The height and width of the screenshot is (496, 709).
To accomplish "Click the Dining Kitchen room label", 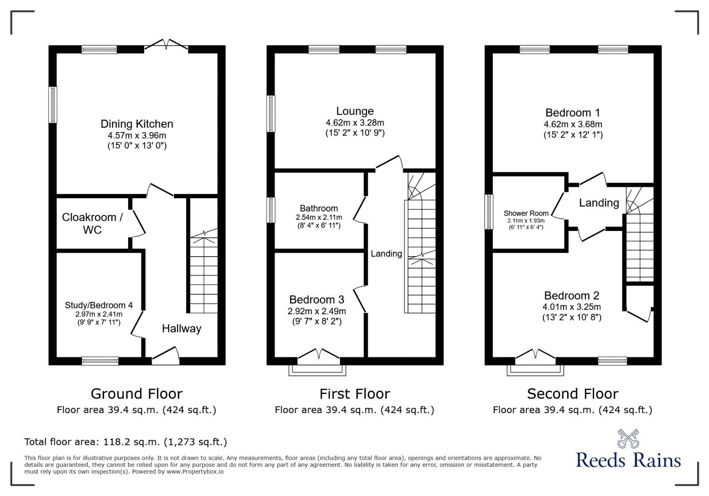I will [136, 124].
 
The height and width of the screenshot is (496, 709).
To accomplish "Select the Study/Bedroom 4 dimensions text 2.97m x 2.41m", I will [99, 314].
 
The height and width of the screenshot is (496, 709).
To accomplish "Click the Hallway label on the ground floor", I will [181, 328].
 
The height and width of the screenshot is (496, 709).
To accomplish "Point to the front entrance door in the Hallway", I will [166, 356].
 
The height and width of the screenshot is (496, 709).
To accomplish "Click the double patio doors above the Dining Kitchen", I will [166, 44].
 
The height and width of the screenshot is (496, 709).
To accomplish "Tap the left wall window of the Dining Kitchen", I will [53, 105].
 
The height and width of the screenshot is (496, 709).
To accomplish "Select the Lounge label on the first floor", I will [354, 111].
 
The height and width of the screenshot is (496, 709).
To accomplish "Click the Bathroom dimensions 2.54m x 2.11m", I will [319, 217].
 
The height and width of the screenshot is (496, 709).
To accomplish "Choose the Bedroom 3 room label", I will [316, 300].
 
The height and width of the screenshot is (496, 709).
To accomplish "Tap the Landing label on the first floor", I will [386, 254].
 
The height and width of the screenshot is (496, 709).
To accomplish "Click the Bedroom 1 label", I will [573, 113].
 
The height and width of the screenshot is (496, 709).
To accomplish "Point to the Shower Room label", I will [526, 213].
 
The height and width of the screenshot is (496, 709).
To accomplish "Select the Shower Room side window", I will [489, 212].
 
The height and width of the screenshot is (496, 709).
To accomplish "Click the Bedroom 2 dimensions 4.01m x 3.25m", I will [572, 307].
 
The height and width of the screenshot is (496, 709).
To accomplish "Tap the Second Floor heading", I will [573, 394].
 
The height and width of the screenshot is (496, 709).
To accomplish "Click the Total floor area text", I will [125, 442].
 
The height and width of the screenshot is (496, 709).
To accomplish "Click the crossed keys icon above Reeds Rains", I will [628, 438].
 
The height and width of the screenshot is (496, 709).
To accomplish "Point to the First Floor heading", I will [354, 394].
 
